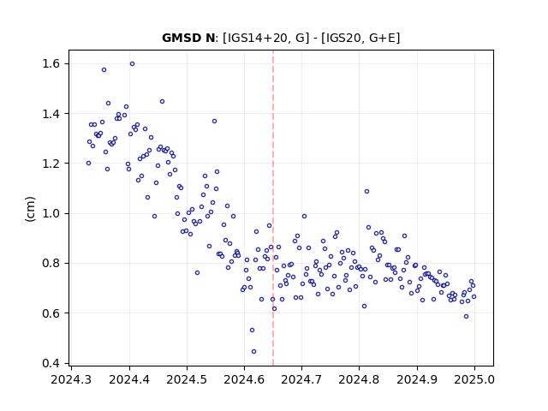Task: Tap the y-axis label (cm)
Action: pyautogui.click(x=31, y=209)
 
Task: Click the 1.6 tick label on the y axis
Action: pyautogui.click(x=51, y=63)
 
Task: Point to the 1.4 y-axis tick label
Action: pyautogui.click(x=51, y=114)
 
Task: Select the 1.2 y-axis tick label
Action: pyautogui.click(x=51, y=164)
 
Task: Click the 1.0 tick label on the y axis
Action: pyautogui.click(x=51, y=213)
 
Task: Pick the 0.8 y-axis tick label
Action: pyautogui.click(x=51, y=263)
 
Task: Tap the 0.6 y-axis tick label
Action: pyautogui.click(x=51, y=313)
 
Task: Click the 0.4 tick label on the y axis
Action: pyautogui.click(x=51, y=363)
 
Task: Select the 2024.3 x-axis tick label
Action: pyautogui.click(x=72, y=379)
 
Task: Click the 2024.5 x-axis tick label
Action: pyautogui.click(x=187, y=379)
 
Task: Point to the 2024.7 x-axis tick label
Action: pyautogui.click(x=301, y=379)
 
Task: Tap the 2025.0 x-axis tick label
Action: pyautogui.click(x=474, y=379)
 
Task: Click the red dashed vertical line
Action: pyautogui.click(x=273, y=208)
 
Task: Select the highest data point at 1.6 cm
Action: pyautogui.click(x=132, y=63)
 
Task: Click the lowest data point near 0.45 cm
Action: pyautogui.click(x=253, y=351)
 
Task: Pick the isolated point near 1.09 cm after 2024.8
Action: pyautogui.click(x=366, y=191)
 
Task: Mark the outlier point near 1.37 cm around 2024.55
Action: pyautogui.click(x=214, y=121)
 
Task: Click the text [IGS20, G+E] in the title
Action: pyautogui.click(x=360, y=38)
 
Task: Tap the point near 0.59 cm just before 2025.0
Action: pyautogui.click(x=466, y=316)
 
